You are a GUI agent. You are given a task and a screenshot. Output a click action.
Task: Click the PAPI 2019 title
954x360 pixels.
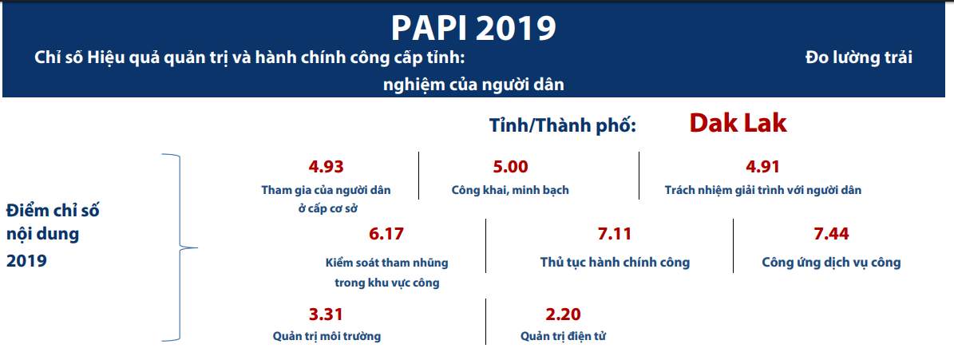click(473, 28)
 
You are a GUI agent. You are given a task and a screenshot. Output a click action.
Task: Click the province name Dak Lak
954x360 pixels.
click(738, 124)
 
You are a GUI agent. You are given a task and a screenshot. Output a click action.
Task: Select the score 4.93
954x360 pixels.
click(326, 167)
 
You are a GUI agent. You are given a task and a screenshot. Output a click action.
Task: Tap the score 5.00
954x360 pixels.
click(510, 167)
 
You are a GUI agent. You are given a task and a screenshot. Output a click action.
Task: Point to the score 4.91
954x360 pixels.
click(762, 167)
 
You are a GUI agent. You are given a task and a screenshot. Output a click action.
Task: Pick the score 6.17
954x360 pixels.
click(386, 234)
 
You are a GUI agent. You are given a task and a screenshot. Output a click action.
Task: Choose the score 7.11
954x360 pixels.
click(615, 234)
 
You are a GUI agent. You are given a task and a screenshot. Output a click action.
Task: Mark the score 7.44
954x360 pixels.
click(831, 234)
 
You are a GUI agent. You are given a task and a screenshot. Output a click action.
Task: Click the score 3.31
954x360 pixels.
click(326, 315)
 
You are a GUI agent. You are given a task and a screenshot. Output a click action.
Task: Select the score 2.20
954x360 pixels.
click(564, 315)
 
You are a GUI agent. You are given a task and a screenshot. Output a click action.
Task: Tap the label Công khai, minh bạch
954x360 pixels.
click(510, 190)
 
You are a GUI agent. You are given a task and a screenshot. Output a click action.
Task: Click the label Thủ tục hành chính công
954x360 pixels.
click(616, 263)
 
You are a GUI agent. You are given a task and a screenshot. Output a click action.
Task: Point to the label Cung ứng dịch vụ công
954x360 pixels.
click(831, 263)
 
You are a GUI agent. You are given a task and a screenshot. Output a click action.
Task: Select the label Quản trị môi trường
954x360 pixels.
click(327, 336)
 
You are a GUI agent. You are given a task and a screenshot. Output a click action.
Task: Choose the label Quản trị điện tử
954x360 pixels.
click(564, 336)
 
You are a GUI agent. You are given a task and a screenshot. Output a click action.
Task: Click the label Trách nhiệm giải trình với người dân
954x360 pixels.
click(763, 190)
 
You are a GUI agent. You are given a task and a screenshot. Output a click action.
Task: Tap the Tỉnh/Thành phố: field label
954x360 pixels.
click(563, 125)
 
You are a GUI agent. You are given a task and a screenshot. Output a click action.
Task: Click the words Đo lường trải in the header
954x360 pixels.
click(858, 57)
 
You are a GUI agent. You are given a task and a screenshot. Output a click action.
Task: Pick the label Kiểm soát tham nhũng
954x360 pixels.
click(387, 263)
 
